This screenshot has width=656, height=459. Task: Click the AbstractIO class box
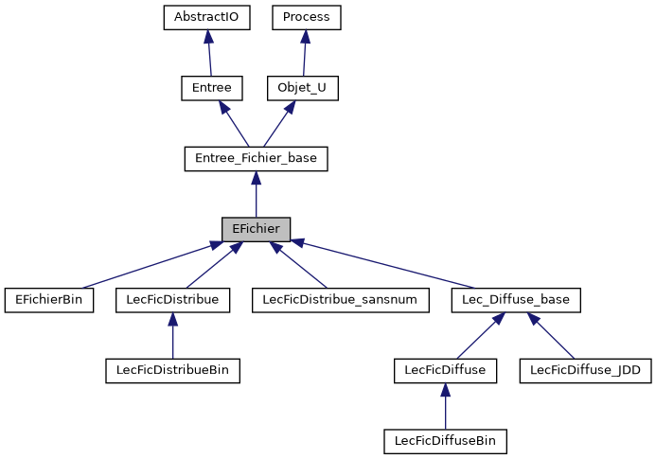tap(206, 17)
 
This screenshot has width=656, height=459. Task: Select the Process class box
tap(306, 17)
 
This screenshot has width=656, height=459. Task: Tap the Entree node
tap(212, 88)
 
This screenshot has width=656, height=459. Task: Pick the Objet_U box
tap(302, 88)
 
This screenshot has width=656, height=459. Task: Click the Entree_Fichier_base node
tap(256, 158)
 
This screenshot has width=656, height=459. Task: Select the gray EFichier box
tap(256, 229)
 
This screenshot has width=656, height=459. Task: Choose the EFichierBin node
tap(49, 300)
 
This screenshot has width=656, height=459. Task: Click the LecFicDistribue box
tap(172, 300)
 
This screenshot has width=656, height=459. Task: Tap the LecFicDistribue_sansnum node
tap(341, 300)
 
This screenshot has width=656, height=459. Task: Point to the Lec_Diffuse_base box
tap(515, 300)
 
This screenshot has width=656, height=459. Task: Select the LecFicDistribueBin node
tap(172, 370)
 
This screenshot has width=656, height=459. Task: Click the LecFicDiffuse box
tap(445, 370)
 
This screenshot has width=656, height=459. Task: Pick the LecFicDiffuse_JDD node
tap(586, 370)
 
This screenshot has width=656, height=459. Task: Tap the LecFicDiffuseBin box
tap(445, 441)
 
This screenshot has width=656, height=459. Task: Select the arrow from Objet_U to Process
tap(304, 53)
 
